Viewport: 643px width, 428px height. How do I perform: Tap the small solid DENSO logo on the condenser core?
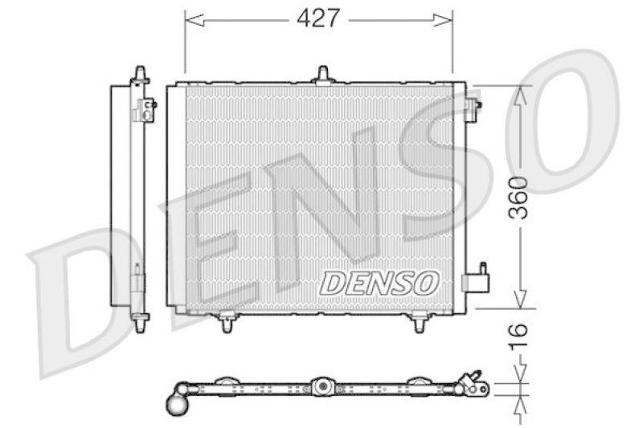[379, 282]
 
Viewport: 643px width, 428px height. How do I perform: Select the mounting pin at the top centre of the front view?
[322, 74]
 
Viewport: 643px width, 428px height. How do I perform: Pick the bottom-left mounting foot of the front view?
[227, 322]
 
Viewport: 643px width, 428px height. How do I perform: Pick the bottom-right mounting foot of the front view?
[420, 323]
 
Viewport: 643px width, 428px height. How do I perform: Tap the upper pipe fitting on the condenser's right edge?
[473, 103]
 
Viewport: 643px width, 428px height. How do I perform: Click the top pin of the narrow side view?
[141, 73]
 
